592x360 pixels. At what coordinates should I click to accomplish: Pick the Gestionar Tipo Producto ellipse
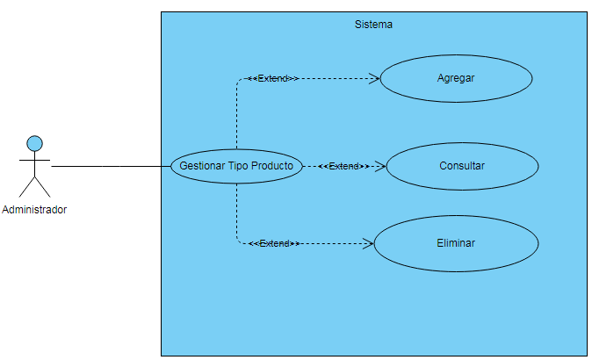point(236,166)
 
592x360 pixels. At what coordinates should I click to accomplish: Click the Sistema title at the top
point(373,25)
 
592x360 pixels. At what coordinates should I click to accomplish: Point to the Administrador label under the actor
point(34,210)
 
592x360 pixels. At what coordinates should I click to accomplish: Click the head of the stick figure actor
point(34,142)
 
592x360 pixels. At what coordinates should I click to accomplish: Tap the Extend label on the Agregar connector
point(273,78)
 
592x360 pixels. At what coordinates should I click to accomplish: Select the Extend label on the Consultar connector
point(343,166)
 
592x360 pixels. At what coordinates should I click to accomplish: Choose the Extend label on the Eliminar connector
point(275,243)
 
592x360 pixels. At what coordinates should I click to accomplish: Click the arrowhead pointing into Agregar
point(374,78)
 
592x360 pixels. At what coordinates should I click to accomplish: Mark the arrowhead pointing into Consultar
point(380,166)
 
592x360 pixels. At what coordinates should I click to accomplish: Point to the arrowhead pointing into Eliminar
point(369,243)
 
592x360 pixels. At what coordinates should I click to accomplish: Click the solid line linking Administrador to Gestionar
point(110,166)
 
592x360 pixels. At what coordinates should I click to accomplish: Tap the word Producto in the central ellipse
point(272,166)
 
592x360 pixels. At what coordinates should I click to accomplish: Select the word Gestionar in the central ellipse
point(202,166)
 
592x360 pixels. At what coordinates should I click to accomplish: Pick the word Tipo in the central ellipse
point(239,166)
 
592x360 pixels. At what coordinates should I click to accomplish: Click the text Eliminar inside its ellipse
point(456,243)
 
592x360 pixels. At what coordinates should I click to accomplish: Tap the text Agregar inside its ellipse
point(456,78)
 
